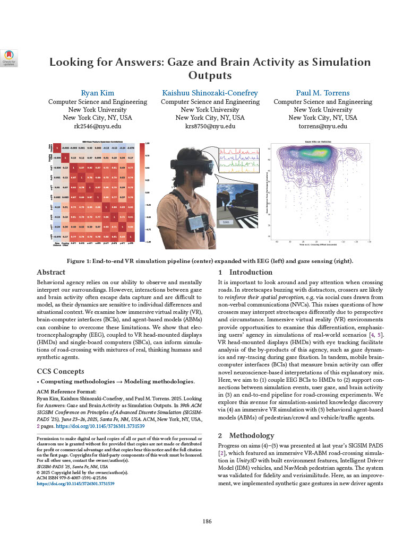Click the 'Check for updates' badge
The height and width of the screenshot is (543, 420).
(x=9, y=57)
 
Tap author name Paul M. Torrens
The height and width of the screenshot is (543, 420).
(x=322, y=93)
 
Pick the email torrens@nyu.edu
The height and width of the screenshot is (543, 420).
(x=322, y=126)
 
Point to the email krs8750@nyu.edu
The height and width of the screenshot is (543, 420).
(x=210, y=126)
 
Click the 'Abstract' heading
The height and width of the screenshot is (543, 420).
(x=51, y=272)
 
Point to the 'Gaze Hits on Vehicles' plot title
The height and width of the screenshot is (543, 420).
(x=318, y=142)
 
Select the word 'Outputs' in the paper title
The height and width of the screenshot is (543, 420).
(x=210, y=75)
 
